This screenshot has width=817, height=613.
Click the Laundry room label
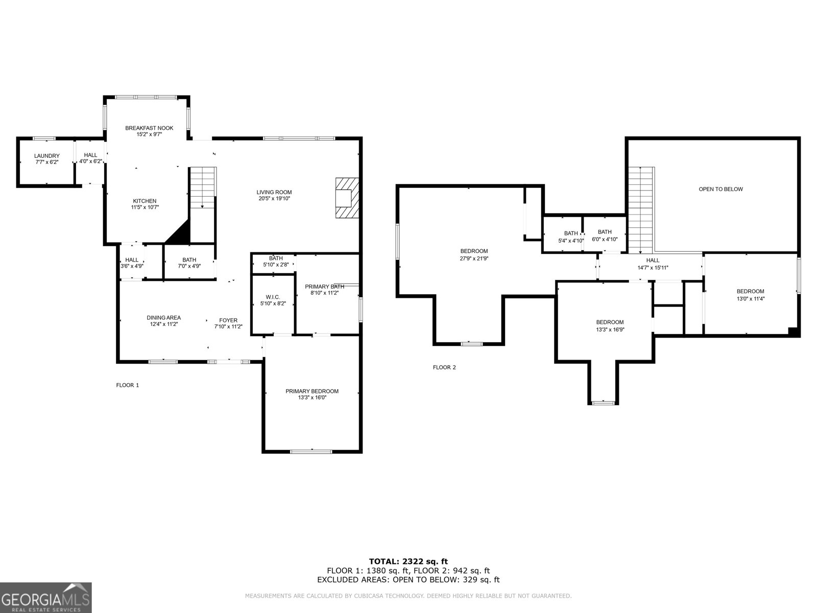point(47,156)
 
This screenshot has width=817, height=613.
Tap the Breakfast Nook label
point(149,128)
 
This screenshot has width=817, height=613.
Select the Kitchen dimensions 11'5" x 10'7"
point(145,207)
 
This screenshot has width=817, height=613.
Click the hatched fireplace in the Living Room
point(346,198)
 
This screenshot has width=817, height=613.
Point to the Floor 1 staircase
point(203,188)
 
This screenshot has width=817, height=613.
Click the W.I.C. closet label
point(273,297)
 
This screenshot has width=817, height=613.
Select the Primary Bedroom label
point(311,391)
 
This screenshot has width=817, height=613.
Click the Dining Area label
point(163,318)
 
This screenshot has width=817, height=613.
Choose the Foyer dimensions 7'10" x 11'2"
point(228,327)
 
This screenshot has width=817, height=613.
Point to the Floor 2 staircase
point(641,209)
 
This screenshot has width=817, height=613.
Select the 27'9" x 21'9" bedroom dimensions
point(474,258)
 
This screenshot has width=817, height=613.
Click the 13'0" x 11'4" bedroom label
point(750,292)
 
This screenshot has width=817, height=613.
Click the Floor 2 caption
point(444,367)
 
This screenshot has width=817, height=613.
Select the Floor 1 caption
point(128,385)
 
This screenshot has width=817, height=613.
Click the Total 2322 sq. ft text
point(408,561)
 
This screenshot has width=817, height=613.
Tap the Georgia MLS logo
point(46,597)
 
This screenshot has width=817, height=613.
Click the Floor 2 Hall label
point(653,261)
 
